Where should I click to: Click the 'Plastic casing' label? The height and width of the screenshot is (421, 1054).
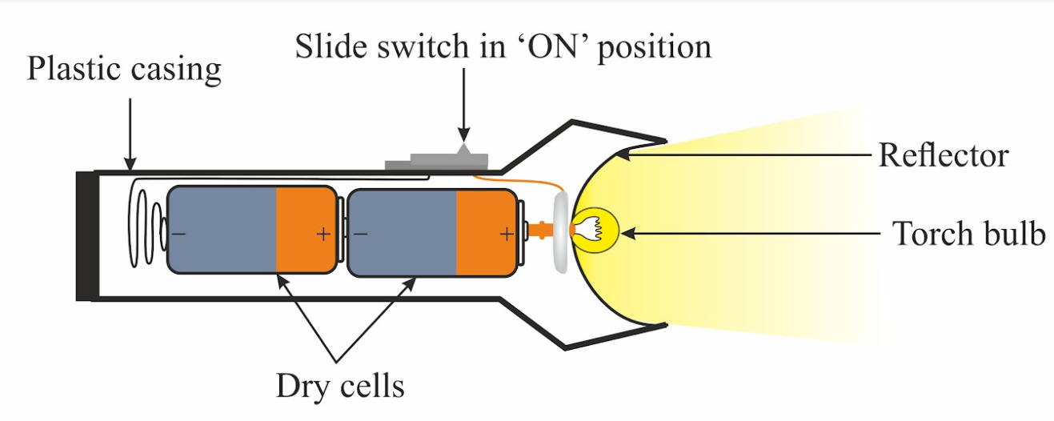tap(124, 70)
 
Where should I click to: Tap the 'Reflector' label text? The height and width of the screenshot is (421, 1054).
tap(944, 155)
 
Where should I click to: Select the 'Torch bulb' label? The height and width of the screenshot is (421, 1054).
tap(968, 234)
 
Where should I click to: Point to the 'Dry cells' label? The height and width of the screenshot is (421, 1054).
tap(339, 387)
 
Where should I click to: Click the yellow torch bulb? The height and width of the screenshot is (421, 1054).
tap(596, 231)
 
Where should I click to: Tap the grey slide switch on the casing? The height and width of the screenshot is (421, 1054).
tap(437, 160)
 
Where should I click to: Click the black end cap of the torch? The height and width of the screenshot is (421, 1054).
tap(87, 236)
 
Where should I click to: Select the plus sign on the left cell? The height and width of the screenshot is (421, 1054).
tap(323, 234)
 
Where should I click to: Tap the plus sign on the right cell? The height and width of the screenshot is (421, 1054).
tap(507, 234)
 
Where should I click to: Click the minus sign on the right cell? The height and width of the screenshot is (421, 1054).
tap(360, 234)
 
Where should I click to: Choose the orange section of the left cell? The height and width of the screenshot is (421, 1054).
tap(306, 230)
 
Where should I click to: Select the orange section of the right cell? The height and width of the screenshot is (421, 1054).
tap(487, 232)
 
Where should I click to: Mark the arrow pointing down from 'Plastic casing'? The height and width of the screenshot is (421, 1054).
tap(130, 134)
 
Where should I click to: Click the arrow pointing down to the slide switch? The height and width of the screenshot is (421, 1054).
tap(464, 106)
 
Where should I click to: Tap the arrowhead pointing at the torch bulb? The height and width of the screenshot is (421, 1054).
tap(628, 234)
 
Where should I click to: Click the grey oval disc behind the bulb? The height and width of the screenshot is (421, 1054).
tap(561, 232)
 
